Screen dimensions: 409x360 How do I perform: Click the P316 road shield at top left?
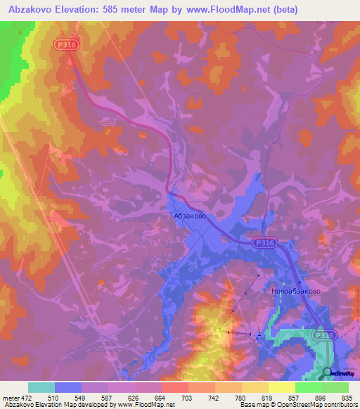click(65, 44)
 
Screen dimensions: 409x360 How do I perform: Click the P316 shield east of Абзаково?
click(266, 242)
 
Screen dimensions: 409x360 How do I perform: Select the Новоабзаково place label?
click(296, 290)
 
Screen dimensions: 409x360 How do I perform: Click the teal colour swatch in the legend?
click(41, 387)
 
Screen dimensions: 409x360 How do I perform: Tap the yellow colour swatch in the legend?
click(282, 387)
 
